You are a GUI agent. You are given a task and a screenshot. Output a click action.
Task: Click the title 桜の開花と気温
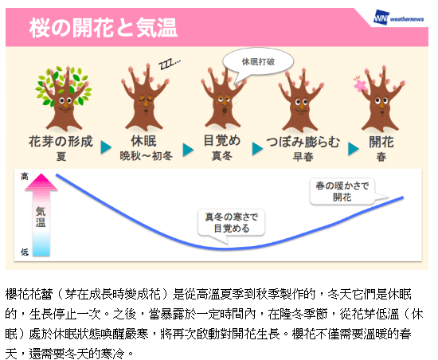point(104,28)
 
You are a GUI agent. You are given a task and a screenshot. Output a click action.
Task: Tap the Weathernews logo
point(399,18)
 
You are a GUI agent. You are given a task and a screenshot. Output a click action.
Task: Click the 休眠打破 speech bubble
point(258,62)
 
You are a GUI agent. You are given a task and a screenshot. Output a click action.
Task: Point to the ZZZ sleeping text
point(170,65)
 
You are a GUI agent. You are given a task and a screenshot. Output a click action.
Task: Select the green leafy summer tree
point(64,98)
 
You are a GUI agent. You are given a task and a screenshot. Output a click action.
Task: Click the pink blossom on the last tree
point(360,84)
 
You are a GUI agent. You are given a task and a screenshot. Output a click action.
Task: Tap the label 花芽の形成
point(61,141)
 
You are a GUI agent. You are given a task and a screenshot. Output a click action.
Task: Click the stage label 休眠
point(144,141)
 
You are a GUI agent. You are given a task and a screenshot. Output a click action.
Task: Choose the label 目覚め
point(222,140)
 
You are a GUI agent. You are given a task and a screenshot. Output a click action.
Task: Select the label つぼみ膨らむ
point(303,142)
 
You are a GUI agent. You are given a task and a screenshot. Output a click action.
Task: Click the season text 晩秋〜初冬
point(146,156)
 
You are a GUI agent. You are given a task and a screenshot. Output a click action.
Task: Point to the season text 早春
point(303,157)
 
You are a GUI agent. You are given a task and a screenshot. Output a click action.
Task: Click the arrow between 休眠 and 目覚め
point(188,150)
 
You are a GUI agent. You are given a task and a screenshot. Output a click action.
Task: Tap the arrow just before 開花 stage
point(354,149)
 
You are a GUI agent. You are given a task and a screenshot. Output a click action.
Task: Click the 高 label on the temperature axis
point(25,177)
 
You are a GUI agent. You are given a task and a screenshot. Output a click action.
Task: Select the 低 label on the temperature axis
point(25,252)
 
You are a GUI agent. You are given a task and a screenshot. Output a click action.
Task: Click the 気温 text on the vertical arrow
point(41,217)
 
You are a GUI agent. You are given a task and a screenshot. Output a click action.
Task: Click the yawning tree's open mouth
point(225,111)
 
